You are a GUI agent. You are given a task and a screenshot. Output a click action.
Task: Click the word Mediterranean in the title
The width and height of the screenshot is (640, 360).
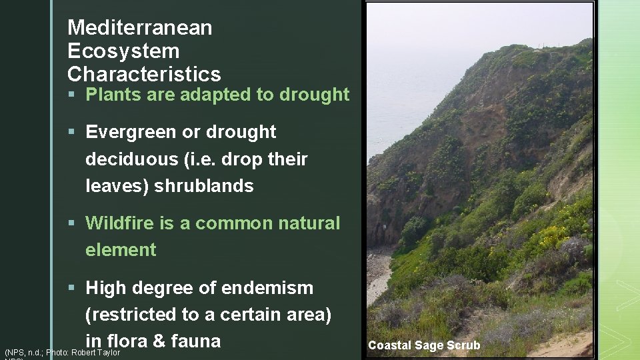(140, 28)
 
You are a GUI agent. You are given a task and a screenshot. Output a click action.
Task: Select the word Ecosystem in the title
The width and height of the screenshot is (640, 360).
(123, 51)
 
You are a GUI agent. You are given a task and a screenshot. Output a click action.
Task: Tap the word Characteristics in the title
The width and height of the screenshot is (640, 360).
(144, 74)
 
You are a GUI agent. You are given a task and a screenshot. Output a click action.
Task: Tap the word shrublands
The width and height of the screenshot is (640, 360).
(204, 186)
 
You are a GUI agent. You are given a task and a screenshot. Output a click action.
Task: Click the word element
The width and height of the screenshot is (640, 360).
(121, 250)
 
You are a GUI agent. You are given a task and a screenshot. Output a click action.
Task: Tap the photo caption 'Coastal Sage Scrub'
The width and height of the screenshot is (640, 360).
(423, 345)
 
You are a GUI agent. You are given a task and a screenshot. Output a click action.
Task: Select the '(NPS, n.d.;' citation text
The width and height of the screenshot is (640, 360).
(23, 353)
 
